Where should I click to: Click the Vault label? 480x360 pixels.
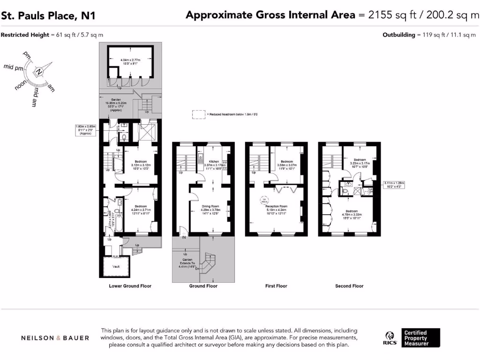116,266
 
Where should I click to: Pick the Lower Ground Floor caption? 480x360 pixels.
130,286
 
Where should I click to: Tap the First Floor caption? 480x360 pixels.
276,286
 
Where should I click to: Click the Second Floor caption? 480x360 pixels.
349,286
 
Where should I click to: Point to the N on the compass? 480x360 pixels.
40,72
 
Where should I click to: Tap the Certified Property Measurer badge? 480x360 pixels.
415,338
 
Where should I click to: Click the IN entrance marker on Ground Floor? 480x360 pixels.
184,238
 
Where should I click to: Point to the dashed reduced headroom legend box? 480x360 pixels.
199,114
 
